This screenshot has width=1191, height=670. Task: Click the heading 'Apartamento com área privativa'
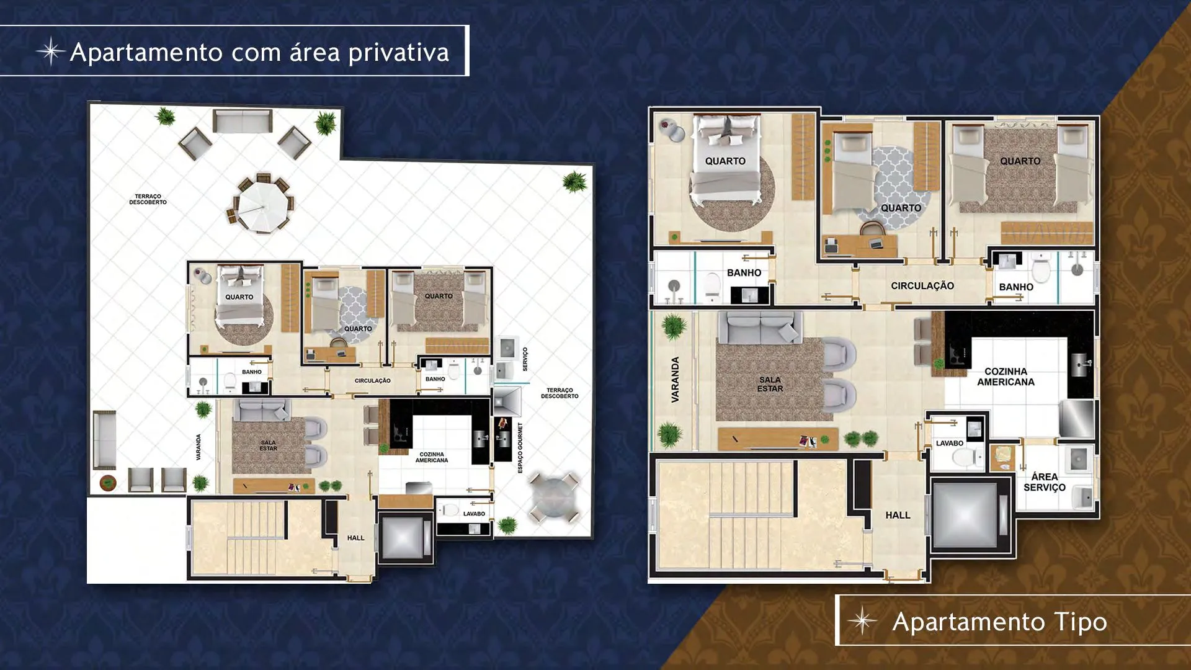click(259, 52)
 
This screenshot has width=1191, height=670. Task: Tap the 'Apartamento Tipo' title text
click(999, 622)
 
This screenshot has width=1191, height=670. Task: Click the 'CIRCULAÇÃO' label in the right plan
click(922, 286)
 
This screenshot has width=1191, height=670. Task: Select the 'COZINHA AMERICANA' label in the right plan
click(1006, 377)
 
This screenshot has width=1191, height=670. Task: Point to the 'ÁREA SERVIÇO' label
click(1045, 482)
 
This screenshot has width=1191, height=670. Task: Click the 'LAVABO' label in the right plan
click(950, 444)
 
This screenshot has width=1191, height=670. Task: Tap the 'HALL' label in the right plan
click(898, 516)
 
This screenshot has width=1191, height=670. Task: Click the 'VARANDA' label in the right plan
click(676, 380)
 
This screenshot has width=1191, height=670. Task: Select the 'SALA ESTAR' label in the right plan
click(770, 384)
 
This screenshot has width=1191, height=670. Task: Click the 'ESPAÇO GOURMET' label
click(520, 448)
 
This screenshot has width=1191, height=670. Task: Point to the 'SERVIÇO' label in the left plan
click(525, 359)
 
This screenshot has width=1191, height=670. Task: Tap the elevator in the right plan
click(965, 514)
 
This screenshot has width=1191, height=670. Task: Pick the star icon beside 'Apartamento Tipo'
click(862, 621)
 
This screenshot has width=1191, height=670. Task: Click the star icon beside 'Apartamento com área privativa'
click(51, 51)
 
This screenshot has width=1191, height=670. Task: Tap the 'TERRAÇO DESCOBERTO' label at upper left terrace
click(148, 199)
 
